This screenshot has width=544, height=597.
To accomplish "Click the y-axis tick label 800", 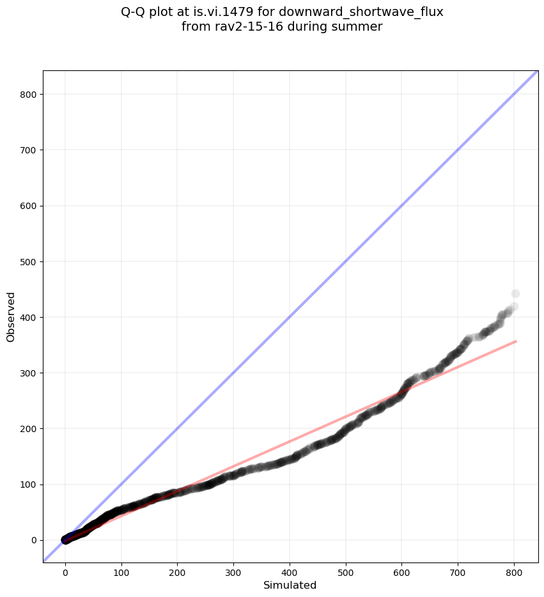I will pyautogui.click(x=27, y=95).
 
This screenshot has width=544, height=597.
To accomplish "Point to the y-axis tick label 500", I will pyautogui.click(x=27, y=262).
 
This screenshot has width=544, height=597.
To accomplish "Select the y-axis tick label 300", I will pyautogui.click(x=27, y=373).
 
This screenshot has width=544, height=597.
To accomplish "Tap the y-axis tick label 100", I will pyautogui.click(x=27, y=485).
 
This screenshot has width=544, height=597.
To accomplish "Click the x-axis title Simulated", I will pyautogui.click(x=290, y=585).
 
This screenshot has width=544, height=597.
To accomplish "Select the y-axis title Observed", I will pyautogui.click(x=11, y=317).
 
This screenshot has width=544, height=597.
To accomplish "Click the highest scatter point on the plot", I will pyautogui.click(x=515, y=294).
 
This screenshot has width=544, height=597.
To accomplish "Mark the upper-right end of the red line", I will pyautogui.click(x=515, y=341).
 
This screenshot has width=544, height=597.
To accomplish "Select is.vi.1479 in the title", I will pyautogui.click(x=224, y=12).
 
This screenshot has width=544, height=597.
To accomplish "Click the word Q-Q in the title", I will pyautogui.click(x=133, y=12).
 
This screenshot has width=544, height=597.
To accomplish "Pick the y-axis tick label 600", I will pyautogui.click(x=27, y=206).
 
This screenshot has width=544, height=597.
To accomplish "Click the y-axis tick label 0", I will pyautogui.click(x=32, y=540).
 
